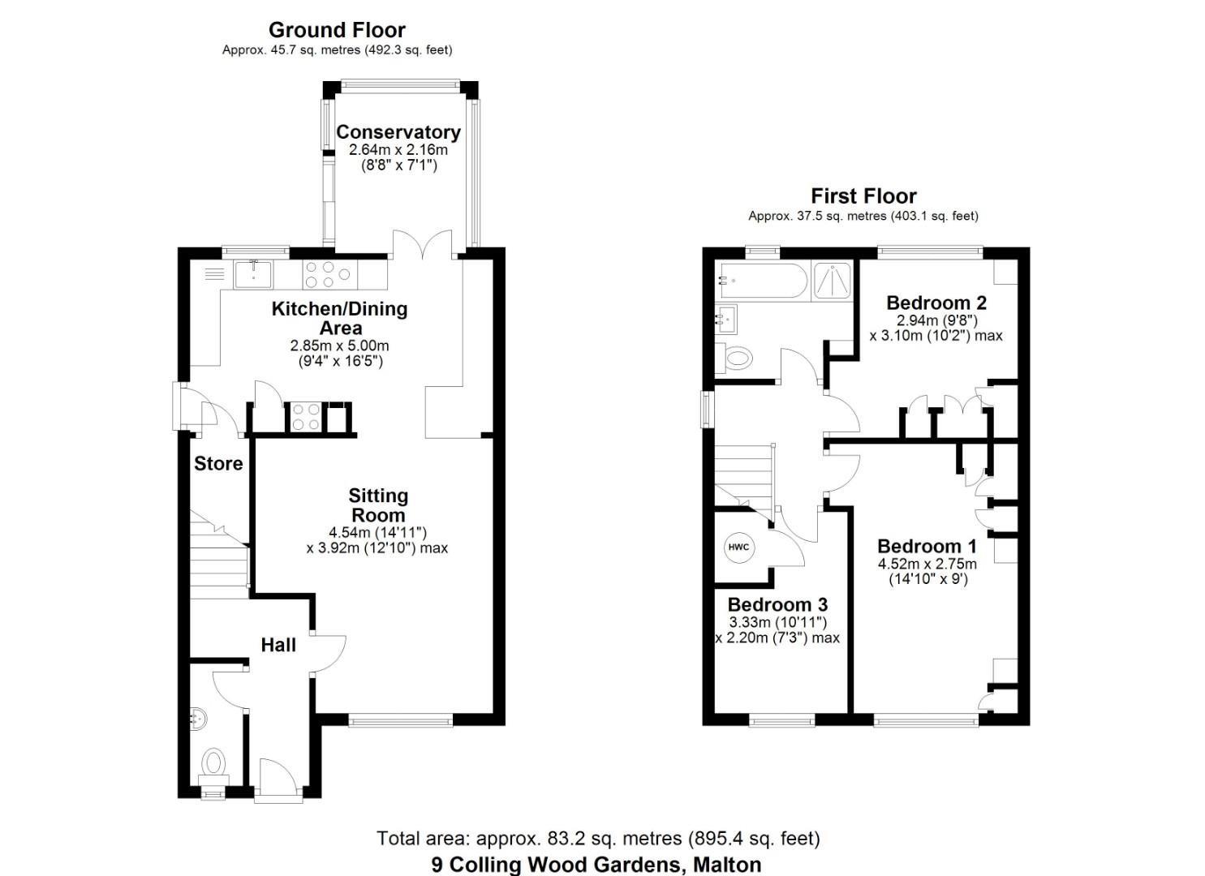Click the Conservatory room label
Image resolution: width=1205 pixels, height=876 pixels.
(398, 131)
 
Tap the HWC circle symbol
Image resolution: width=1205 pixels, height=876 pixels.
(738, 547)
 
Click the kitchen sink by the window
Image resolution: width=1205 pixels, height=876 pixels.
(253, 274)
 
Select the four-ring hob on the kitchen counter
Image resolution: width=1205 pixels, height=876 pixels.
(329, 274)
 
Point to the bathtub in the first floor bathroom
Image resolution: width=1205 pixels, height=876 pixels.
(762, 281)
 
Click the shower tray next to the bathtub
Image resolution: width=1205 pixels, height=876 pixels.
(833, 281)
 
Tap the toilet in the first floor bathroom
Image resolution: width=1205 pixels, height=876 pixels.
(737, 357)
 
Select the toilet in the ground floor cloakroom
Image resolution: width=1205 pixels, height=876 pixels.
(213, 762)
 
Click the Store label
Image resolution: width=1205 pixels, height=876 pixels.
(218, 463)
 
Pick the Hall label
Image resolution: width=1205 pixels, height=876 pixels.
(278, 645)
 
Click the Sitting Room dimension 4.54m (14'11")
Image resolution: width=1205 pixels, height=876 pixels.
(377, 532)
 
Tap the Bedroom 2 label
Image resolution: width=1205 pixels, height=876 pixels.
(936, 303)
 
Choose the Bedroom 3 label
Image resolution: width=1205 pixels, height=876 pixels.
(777, 604)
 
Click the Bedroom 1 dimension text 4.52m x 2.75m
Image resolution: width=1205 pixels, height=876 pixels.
(927, 564)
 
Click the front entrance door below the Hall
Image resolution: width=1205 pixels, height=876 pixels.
(278, 780)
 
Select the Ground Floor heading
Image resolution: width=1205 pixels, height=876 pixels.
(337, 30)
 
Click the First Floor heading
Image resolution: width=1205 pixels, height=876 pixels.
(863, 195)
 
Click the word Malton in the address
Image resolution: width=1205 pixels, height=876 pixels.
(727, 865)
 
